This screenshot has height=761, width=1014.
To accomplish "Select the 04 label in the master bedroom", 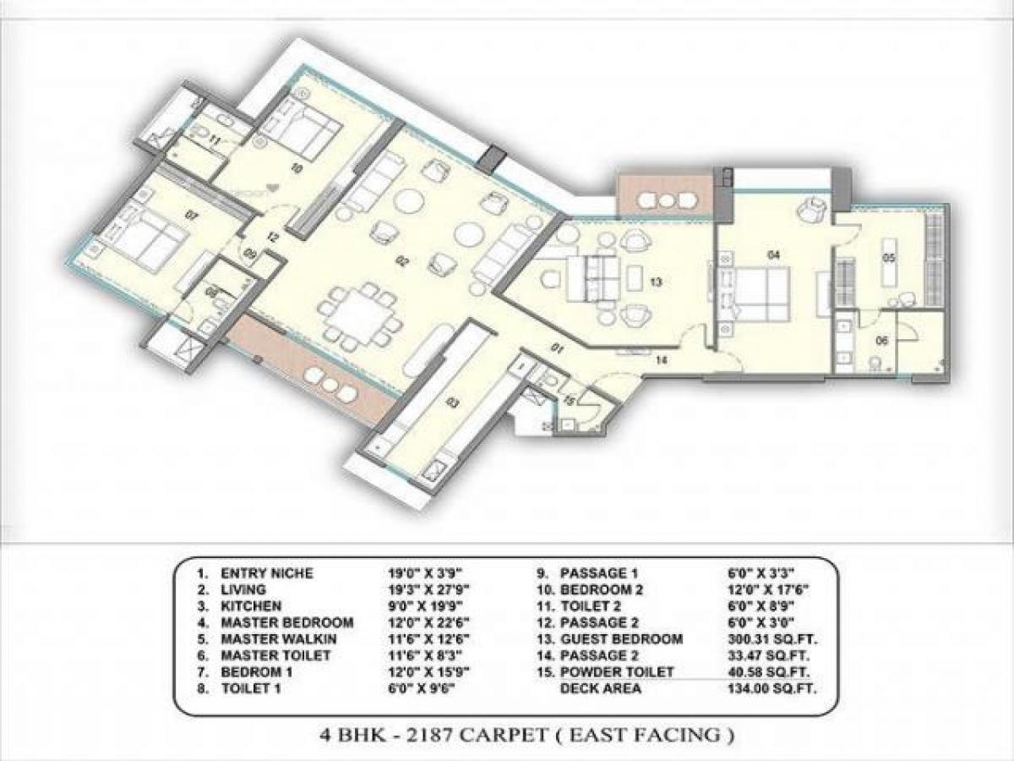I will [x=772, y=254].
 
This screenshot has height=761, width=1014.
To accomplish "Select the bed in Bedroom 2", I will [x=294, y=127].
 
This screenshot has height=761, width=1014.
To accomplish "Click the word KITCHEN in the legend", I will [x=251, y=606].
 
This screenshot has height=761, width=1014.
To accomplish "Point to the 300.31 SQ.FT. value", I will [x=761, y=639].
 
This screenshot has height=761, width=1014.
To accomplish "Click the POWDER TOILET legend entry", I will [x=617, y=672].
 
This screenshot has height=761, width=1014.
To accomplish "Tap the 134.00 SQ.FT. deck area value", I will [x=761, y=688].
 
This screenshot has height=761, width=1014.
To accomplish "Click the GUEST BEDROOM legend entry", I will [x=621, y=639].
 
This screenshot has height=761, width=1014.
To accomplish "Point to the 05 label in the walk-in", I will [x=888, y=258].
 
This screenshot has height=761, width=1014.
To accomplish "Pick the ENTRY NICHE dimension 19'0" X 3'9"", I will [x=421, y=573].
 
